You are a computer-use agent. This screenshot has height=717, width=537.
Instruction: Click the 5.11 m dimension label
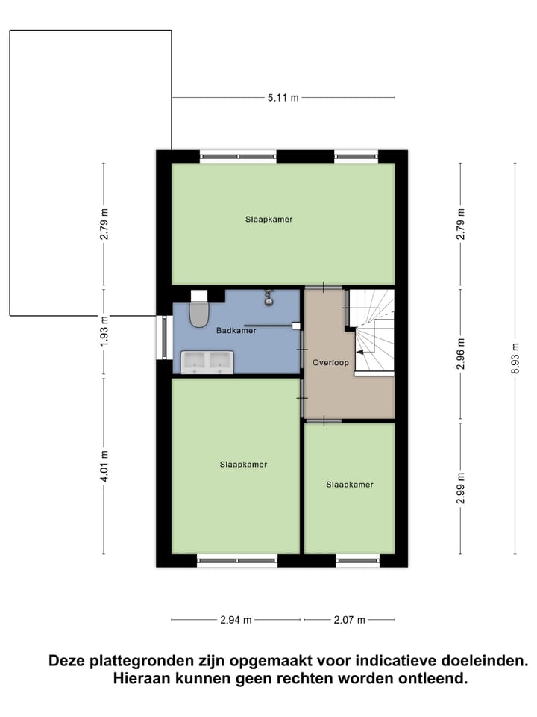tap(283, 98)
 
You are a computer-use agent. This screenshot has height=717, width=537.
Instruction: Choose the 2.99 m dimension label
tap(461, 488)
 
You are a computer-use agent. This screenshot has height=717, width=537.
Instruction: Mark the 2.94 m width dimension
tap(236, 620)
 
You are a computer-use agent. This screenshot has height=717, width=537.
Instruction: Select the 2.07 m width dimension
tap(350, 620)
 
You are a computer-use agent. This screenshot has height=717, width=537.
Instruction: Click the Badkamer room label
tap(236, 330)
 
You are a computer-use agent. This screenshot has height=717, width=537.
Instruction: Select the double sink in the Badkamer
tap(207, 361)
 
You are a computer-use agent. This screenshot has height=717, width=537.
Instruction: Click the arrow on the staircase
tap(361, 351)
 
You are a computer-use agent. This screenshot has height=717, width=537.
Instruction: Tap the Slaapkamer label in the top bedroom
tap(268, 220)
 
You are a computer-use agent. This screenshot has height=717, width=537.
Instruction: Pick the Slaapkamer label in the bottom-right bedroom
tap(349, 485)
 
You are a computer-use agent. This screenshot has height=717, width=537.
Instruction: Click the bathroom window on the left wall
tap(163, 338)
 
